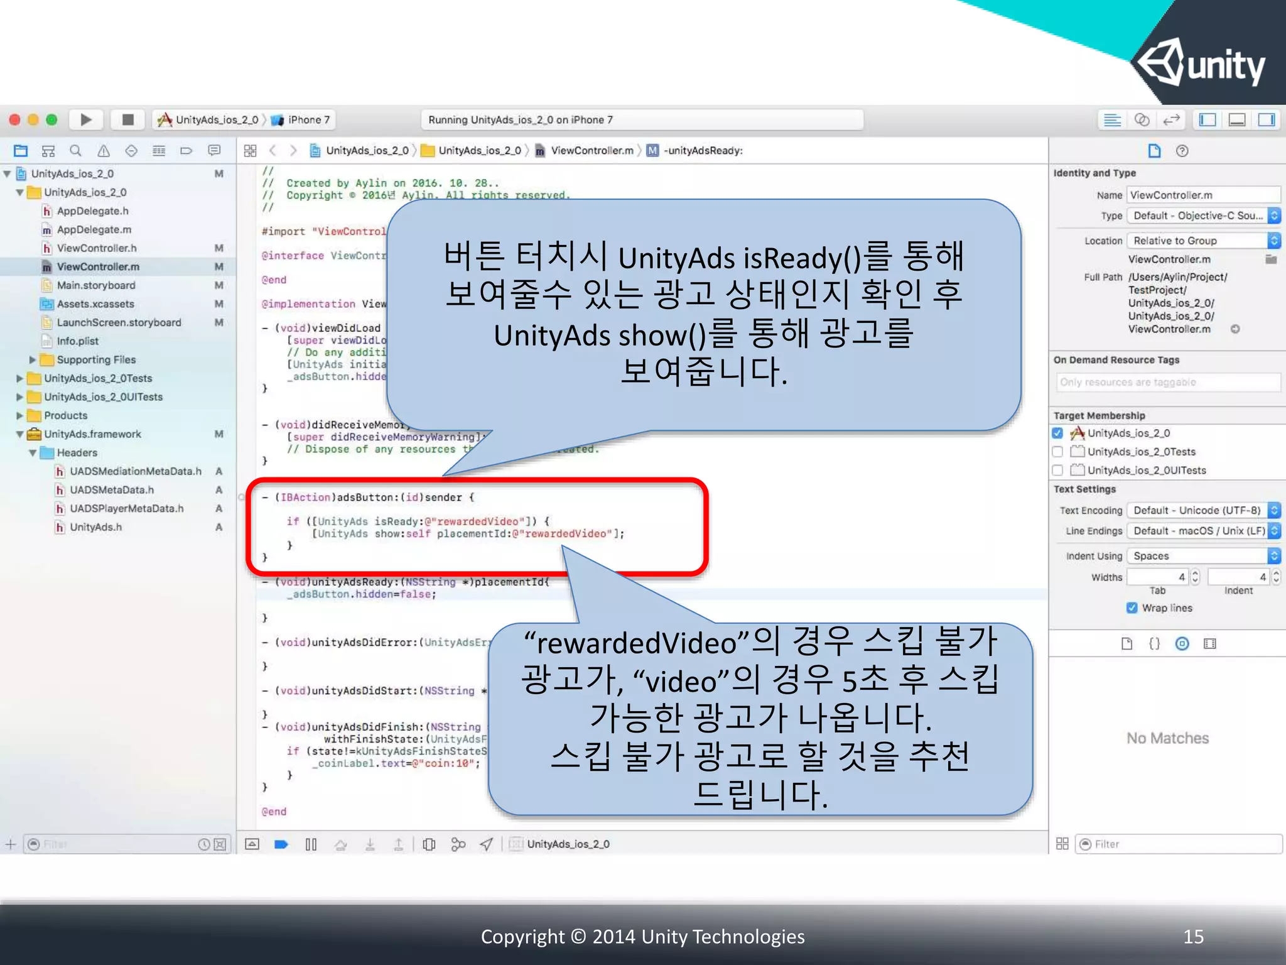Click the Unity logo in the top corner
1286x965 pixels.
tap(1201, 63)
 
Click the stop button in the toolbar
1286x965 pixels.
tap(127, 119)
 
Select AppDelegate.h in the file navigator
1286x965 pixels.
tap(92, 211)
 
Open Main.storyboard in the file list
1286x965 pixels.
tap(95, 285)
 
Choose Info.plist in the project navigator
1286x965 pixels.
tap(77, 341)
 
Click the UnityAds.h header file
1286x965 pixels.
tap(95, 527)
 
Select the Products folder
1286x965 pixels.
tap(65, 415)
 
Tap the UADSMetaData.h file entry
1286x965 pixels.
tap(111, 490)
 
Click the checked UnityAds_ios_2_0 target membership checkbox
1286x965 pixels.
tap(1057, 433)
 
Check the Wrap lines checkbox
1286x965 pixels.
tap(1132, 608)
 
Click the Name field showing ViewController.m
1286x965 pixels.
tap(1202, 195)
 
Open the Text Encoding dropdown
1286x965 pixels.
tap(1202, 510)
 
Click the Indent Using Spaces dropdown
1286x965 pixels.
tap(1202, 556)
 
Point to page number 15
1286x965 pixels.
tap(1193, 937)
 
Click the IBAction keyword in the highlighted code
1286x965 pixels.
tap(305, 498)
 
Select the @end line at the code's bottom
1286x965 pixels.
tap(274, 812)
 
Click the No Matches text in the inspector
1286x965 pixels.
tap(1167, 738)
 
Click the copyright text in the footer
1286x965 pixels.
tap(642, 937)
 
